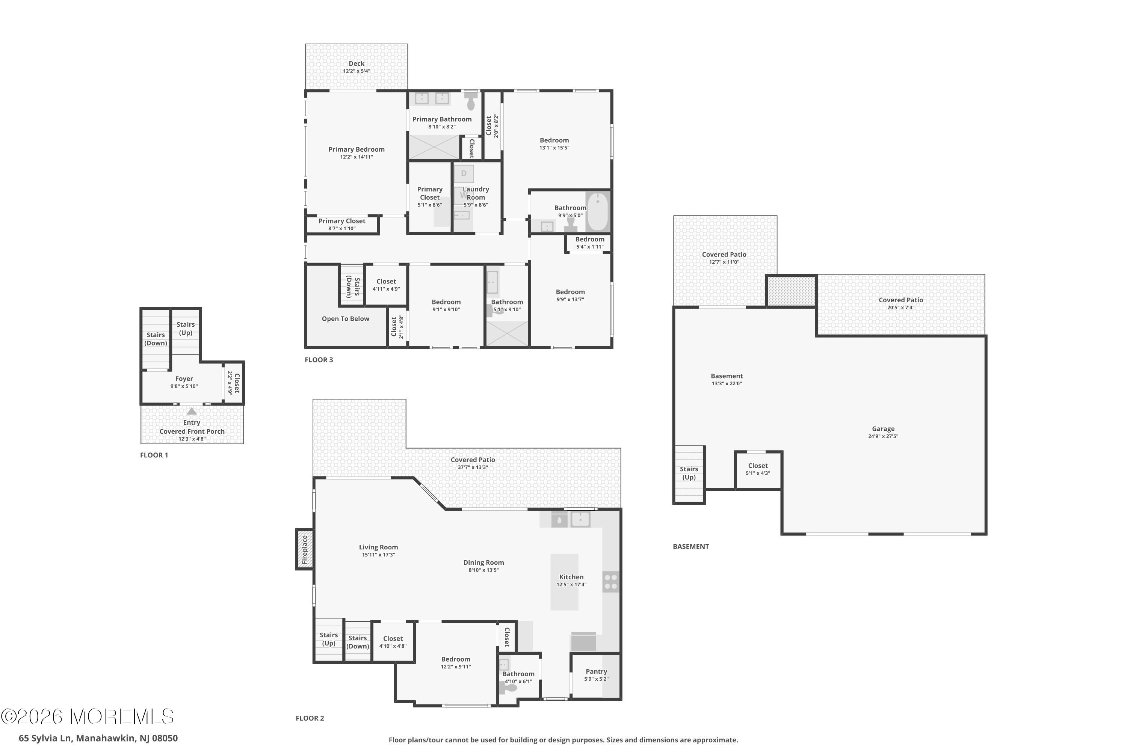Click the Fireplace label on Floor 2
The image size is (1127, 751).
tap(304, 549)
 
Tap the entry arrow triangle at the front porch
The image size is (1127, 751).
tap(192, 411)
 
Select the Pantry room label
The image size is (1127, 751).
tap(596, 671)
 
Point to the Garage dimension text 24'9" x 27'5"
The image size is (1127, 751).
tap(883, 436)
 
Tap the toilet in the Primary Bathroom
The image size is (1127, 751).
tap(471, 101)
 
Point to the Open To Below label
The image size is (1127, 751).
tap(346, 319)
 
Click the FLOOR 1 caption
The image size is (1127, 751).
tap(154, 455)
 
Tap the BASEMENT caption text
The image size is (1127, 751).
tap(690, 546)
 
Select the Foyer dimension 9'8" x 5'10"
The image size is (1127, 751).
tap(184, 386)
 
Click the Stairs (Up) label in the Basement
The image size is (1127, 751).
tap(689, 473)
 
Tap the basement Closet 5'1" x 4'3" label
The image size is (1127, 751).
tap(758, 469)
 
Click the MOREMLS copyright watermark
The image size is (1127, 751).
tap(87, 716)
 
